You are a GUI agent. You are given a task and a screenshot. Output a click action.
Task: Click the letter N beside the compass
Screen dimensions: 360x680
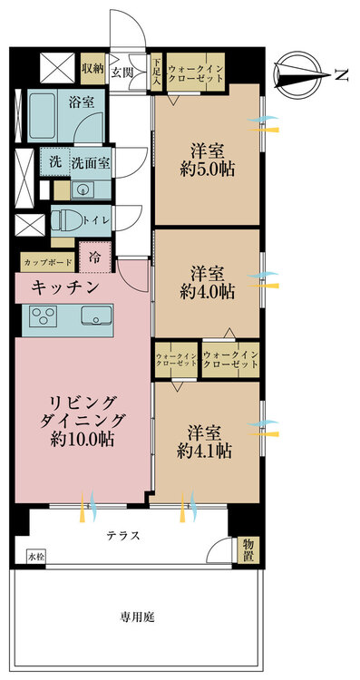[342, 75]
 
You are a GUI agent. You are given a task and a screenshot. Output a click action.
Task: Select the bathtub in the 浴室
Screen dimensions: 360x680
[41, 115]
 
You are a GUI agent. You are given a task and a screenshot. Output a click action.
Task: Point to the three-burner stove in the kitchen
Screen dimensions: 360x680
[43, 315]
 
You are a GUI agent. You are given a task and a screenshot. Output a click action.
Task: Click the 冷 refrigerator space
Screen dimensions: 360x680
[95, 257]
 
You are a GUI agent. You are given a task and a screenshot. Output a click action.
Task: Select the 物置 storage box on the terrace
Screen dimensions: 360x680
[248, 550]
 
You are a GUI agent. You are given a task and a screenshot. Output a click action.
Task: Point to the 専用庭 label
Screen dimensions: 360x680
[137, 617]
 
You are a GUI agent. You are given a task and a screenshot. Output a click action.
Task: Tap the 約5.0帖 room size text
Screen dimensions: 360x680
[208, 170]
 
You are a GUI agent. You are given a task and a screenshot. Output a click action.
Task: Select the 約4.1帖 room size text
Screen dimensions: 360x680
[204, 451]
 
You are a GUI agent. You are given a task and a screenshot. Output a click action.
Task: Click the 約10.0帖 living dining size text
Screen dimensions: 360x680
[83, 440]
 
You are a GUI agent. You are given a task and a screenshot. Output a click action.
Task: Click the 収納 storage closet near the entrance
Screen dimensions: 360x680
[92, 68]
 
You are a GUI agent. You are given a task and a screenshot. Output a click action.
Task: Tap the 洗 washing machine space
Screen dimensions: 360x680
[55, 161]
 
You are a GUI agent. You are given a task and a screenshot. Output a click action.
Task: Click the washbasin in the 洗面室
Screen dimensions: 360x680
[82, 189]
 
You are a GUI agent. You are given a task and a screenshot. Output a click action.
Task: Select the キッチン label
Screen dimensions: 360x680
[66, 287]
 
